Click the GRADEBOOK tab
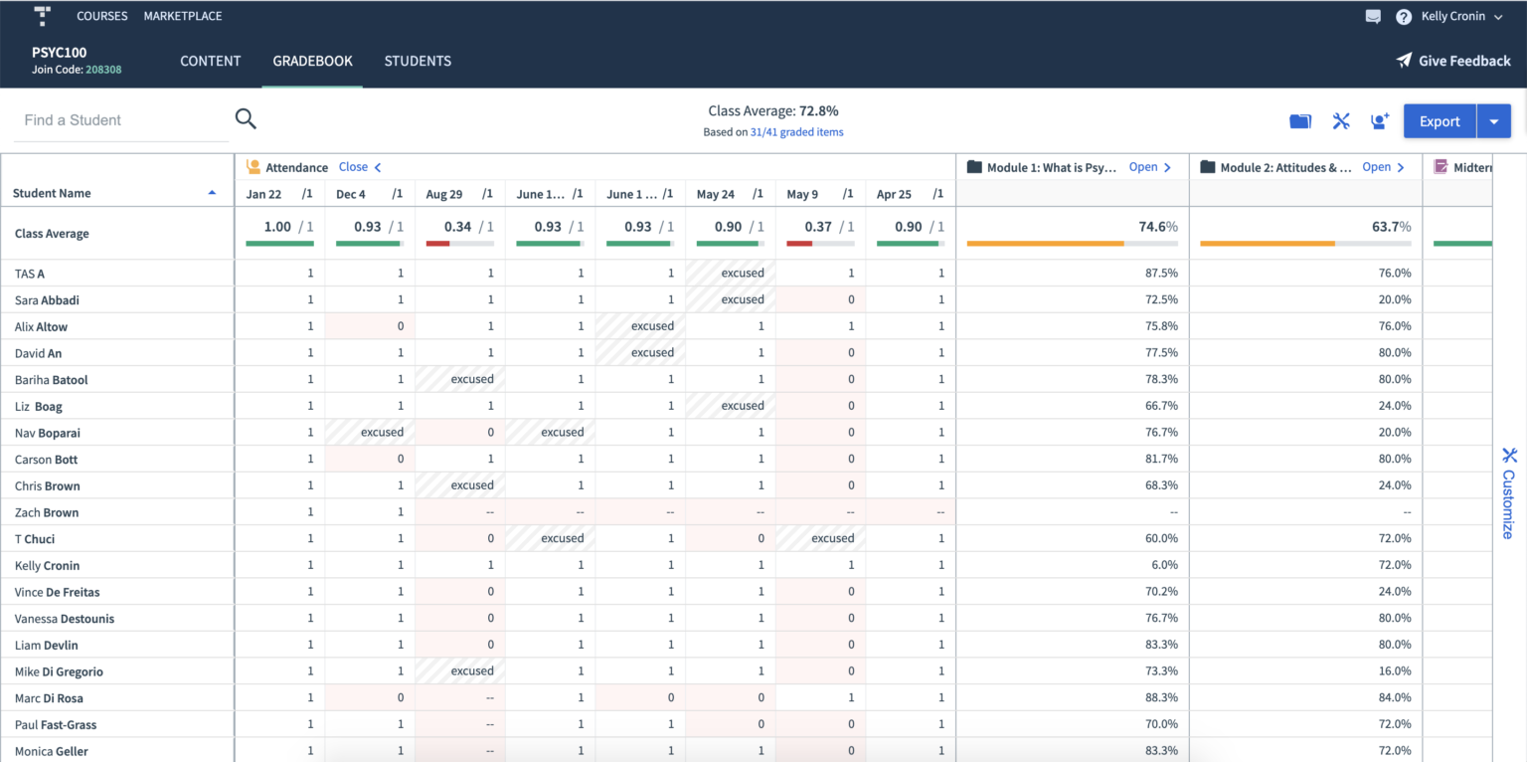coord(312,61)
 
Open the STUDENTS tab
coord(418,61)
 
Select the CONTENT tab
coord(210,61)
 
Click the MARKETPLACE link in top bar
coord(183,16)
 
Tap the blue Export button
coord(1439,121)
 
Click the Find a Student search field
coord(119,120)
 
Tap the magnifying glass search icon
coord(246,119)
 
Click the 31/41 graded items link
coord(796,132)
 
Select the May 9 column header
coord(802,194)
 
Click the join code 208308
coord(104,70)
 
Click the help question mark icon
coord(1403,17)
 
